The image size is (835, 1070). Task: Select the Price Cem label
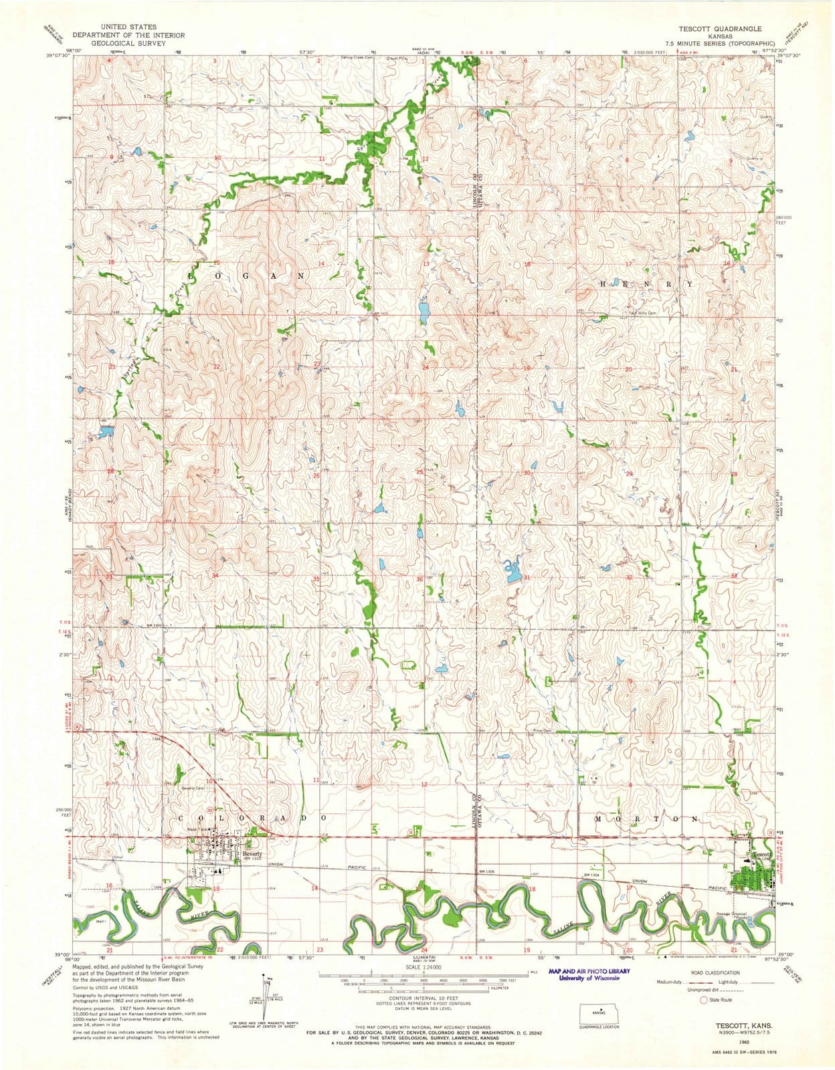[x=542, y=730]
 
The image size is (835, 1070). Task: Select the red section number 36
[x=420, y=578]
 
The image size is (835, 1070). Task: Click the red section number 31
[x=527, y=577]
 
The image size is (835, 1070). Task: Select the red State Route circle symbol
[x=703, y=1019]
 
